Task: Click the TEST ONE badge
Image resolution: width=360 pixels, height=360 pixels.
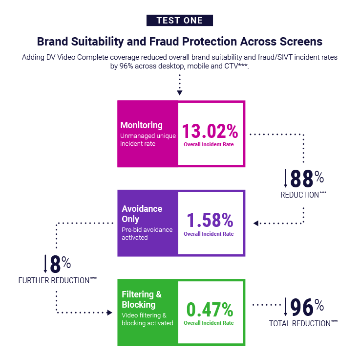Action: tap(180, 20)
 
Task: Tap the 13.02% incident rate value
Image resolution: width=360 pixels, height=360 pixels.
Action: tap(210, 131)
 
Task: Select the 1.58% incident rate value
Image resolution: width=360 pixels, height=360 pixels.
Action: tap(210, 220)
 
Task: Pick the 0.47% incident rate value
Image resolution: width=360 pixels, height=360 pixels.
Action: tap(210, 310)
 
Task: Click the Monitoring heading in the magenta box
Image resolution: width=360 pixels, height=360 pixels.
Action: tap(142, 125)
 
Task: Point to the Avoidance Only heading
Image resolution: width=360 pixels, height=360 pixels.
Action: tap(142, 214)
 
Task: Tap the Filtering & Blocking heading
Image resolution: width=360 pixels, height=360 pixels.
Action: tap(142, 299)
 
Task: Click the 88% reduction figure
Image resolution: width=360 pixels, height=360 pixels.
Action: tap(307, 179)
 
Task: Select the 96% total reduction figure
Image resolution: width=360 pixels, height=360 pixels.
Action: tap(307, 307)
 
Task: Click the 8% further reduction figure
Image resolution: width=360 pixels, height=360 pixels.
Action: tap(60, 264)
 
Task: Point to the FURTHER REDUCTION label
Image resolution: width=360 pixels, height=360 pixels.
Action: tap(58, 280)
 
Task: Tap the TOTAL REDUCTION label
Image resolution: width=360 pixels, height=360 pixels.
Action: tap(303, 323)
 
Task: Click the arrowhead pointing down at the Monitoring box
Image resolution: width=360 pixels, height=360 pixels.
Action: tap(180, 92)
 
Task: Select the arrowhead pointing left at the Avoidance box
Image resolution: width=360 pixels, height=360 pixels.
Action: tap(256, 223)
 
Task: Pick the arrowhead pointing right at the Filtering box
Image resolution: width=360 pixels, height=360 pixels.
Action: tap(110, 313)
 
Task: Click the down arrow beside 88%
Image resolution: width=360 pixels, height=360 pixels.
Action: tap(285, 179)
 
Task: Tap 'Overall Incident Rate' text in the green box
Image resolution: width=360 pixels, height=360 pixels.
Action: tap(209, 323)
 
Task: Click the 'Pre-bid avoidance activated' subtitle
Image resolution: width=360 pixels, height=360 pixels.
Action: tap(147, 234)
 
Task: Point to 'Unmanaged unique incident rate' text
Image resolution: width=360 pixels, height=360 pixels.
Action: tap(148, 140)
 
